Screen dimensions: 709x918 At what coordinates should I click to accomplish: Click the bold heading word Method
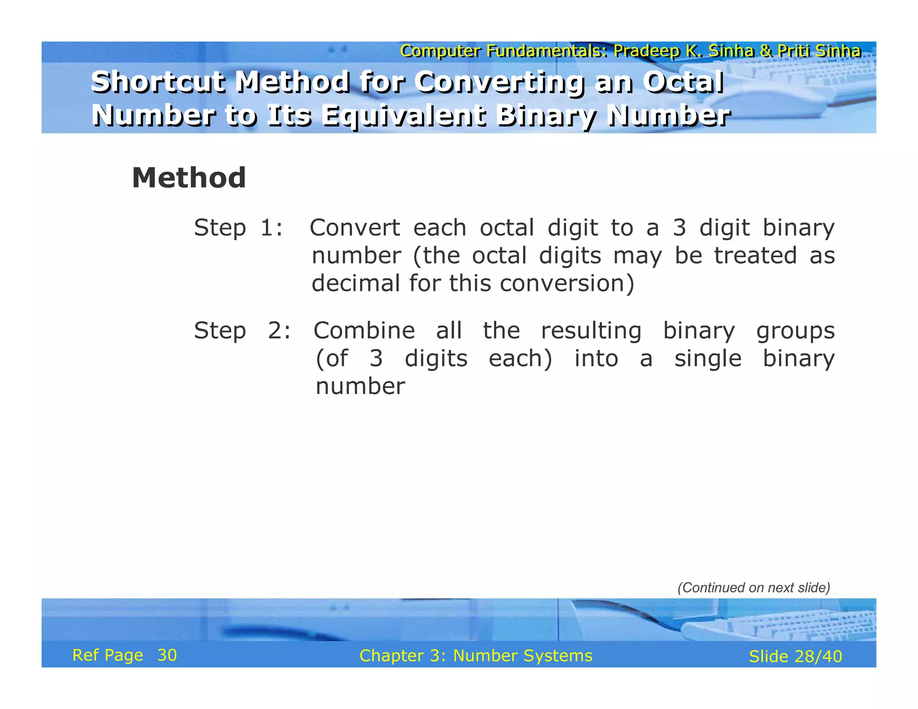(x=189, y=178)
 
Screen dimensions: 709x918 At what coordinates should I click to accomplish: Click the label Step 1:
(x=238, y=228)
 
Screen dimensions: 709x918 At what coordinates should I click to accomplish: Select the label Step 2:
(x=242, y=331)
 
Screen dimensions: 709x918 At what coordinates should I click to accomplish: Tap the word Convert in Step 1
(x=355, y=228)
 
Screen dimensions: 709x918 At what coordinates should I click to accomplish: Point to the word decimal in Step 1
(x=356, y=283)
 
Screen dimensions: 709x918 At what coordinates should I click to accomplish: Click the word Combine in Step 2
(x=364, y=331)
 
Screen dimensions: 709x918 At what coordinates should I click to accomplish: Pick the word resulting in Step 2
(x=591, y=331)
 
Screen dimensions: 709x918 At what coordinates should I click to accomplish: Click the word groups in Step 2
(x=795, y=332)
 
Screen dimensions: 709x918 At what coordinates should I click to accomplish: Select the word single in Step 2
(x=708, y=359)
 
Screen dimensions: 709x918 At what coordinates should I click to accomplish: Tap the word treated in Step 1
(x=755, y=255)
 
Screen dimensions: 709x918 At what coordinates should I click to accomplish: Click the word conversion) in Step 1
(x=567, y=283)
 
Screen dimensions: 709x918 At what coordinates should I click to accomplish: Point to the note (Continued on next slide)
(x=753, y=588)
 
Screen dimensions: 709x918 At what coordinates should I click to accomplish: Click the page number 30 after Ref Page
(x=167, y=655)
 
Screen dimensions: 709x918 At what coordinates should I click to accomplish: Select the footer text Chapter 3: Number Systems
(x=476, y=656)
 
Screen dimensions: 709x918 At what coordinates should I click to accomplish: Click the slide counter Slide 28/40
(x=795, y=657)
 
